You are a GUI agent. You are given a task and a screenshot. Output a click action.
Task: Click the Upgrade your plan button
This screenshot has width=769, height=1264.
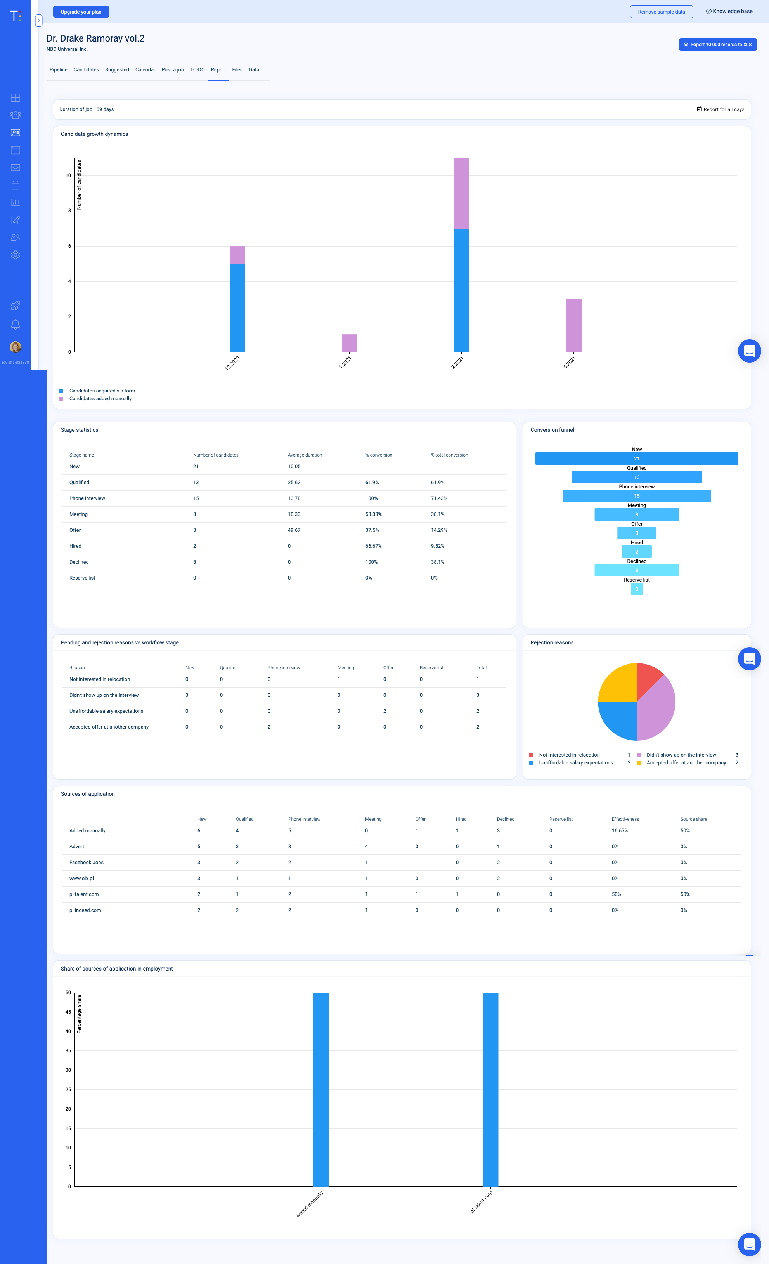[x=81, y=12]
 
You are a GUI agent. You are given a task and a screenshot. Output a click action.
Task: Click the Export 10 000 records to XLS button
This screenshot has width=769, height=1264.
[x=717, y=45]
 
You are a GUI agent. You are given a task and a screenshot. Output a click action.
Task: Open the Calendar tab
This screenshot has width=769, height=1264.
[x=145, y=70]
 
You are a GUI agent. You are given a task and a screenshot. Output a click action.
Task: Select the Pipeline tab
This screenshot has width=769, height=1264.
[x=59, y=70]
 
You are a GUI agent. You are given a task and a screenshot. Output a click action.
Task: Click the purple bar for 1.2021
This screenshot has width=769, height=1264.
[x=349, y=343]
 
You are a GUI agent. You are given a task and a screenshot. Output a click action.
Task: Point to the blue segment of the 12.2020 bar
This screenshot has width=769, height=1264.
[x=237, y=308]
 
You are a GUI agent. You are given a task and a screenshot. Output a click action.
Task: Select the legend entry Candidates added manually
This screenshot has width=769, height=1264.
[x=100, y=399]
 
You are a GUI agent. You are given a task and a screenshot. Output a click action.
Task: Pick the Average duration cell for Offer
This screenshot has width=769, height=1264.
[x=294, y=530]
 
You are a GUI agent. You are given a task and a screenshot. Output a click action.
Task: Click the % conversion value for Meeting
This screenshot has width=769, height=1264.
[x=373, y=514]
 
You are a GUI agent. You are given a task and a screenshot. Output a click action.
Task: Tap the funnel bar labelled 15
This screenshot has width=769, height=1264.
[x=636, y=495]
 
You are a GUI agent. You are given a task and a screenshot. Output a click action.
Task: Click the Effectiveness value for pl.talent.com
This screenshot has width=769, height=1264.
[x=616, y=894]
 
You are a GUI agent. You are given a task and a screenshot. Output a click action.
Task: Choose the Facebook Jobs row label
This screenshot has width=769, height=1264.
[x=87, y=862]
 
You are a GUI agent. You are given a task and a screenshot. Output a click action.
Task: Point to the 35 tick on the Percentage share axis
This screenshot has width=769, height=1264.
[x=68, y=1050]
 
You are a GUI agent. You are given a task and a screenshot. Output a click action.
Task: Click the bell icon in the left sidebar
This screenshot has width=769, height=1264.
[x=16, y=324]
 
